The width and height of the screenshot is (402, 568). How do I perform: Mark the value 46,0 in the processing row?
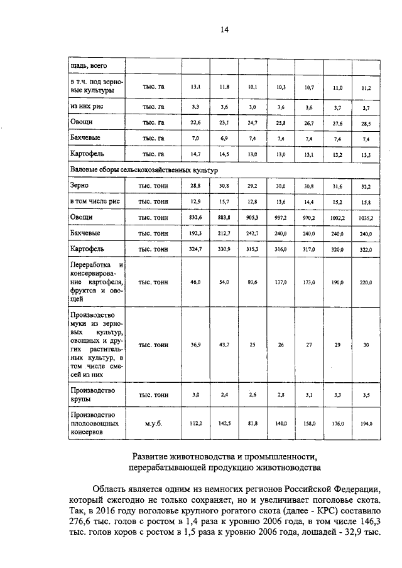pos(195,282)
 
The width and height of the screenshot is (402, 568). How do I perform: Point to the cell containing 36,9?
pos(195,345)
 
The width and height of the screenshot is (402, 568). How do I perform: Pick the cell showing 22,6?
pos(195,122)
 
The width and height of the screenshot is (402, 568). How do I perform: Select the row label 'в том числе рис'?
pos(95,201)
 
